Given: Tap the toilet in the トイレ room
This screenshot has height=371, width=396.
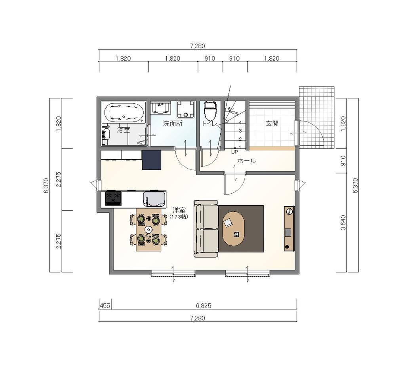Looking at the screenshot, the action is tap(210, 111).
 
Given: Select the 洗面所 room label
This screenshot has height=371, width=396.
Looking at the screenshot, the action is tap(173, 124).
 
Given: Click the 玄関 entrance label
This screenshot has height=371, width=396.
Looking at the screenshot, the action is tap(272, 124).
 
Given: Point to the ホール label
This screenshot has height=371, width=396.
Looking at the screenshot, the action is tap(246, 161).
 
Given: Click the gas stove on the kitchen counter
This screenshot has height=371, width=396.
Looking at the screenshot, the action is tap(113, 198).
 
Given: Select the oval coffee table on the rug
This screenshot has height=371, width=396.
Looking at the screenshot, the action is tap(233, 228).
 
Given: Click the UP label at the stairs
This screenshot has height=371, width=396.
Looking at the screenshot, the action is tap(234, 152).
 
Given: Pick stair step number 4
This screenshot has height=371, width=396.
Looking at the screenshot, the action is tap(240, 122).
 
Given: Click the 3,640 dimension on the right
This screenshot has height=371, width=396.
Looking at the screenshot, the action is tap(343, 223).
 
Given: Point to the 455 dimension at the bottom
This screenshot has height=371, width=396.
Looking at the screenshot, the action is tap(105, 306).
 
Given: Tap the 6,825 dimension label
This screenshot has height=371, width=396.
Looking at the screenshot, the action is tap(204, 306).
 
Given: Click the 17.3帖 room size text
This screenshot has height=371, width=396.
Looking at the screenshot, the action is tap(179, 217).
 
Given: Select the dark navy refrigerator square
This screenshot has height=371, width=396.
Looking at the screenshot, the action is tap(152, 160).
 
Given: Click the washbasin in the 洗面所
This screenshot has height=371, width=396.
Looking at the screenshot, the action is tap(161, 108).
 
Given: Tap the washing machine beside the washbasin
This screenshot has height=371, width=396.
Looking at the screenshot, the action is tap(186, 110).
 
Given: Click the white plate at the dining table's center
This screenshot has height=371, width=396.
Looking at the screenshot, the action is tap(148, 230).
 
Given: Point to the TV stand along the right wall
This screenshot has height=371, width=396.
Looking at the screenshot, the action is tap(289, 228).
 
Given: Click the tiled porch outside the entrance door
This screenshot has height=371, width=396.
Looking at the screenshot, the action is tap(317, 118).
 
